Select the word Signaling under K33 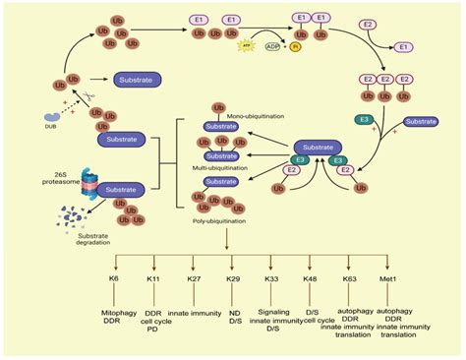(271, 304)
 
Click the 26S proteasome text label (55, 181)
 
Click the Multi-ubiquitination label (228, 169)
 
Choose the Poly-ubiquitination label (228, 222)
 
